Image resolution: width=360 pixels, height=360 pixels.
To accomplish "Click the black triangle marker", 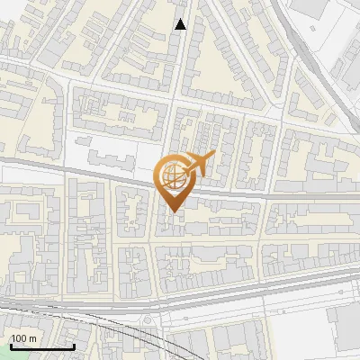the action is coord(181,24).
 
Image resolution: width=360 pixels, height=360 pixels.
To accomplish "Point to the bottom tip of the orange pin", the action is coord(171,211).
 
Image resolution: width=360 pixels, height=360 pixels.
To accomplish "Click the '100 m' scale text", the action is coord(23,338).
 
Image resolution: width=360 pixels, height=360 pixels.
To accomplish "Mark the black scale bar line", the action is coord(41,346).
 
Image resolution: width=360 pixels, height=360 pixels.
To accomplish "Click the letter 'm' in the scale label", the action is coord(32,338).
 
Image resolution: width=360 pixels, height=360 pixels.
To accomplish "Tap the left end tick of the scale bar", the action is coord(10,345).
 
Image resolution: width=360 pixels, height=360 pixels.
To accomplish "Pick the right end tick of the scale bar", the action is coord(74,345).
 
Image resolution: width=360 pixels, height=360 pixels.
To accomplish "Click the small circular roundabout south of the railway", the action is coord(148,321).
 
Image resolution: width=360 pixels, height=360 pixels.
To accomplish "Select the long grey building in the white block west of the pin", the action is coord(109,160).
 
